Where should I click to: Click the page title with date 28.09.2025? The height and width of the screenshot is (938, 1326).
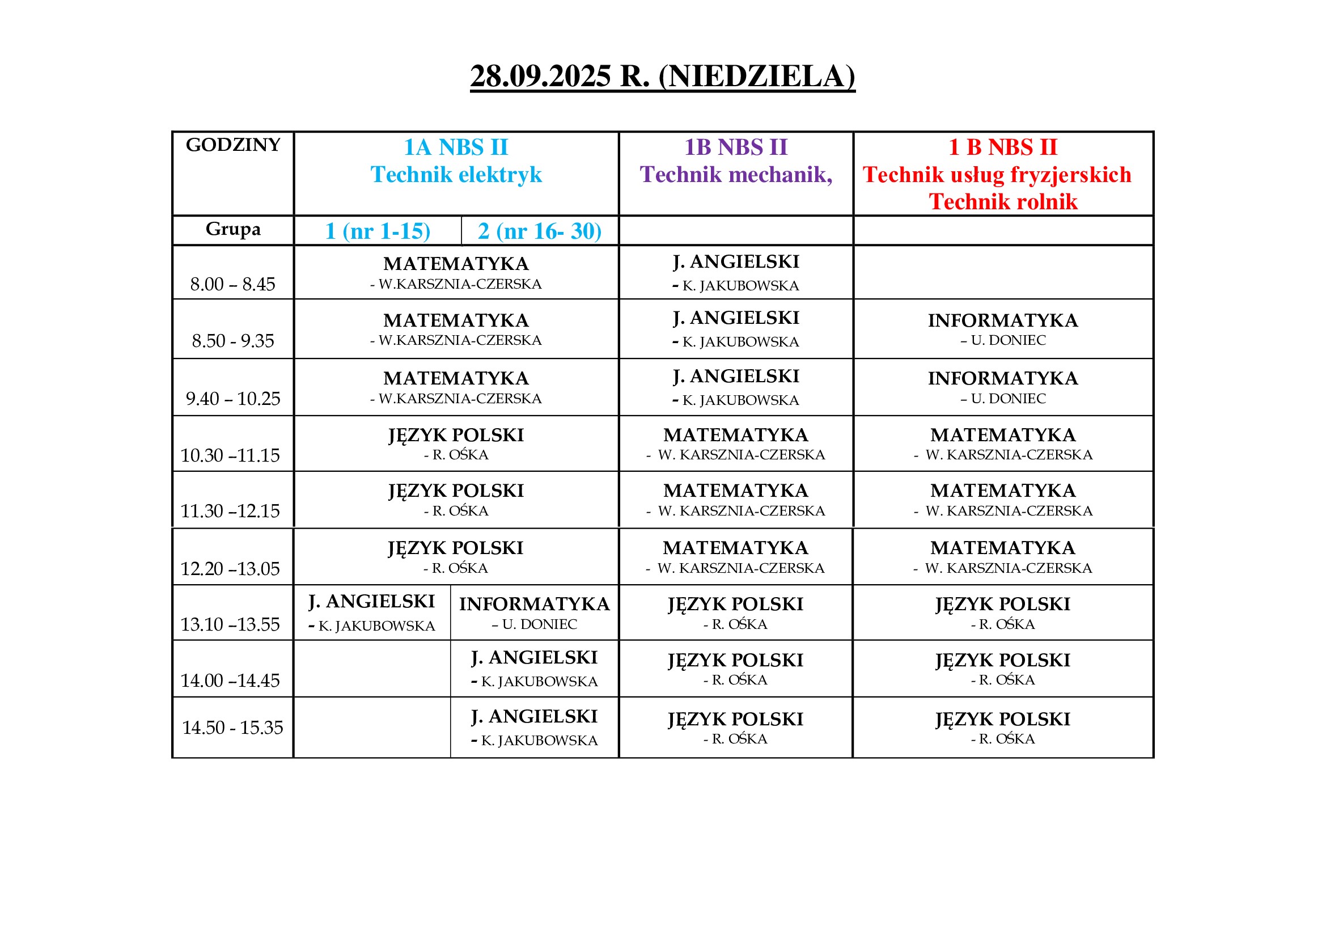click(662, 76)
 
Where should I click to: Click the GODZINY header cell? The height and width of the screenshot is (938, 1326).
click(233, 145)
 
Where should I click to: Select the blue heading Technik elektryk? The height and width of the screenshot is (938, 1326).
click(456, 175)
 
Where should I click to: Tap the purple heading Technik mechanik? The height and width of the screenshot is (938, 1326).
click(735, 175)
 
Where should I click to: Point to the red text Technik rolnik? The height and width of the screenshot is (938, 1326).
click(1003, 201)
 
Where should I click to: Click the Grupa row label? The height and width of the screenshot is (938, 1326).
click(233, 229)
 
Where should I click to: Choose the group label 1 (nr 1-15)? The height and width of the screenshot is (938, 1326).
click(378, 231)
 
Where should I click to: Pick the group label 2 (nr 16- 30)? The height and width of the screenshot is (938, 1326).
click(539, 231)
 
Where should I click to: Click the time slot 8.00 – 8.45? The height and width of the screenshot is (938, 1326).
click(233, 284)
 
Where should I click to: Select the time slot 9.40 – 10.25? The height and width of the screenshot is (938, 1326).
click(233, 399)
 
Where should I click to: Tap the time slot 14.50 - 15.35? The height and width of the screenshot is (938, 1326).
click(233, 727)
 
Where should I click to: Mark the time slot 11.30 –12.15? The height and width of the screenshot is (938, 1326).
click(230, 510)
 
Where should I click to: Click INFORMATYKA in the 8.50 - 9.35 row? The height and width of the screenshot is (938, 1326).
click(1003, 320)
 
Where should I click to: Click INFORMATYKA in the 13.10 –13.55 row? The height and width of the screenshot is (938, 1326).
click(534, 603)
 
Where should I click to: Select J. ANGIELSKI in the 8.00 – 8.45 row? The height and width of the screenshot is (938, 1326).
click(736, 261)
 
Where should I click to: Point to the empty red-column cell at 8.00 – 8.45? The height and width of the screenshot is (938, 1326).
click(1003, 272)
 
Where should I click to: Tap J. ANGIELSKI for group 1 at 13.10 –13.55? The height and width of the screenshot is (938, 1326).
click(371, 601)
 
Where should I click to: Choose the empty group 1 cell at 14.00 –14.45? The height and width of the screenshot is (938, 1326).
click(372, 668)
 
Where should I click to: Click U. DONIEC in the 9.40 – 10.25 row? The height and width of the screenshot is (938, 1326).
click(1008, 399)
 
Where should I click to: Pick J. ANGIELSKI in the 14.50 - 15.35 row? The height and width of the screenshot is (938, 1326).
click(534, 716)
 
